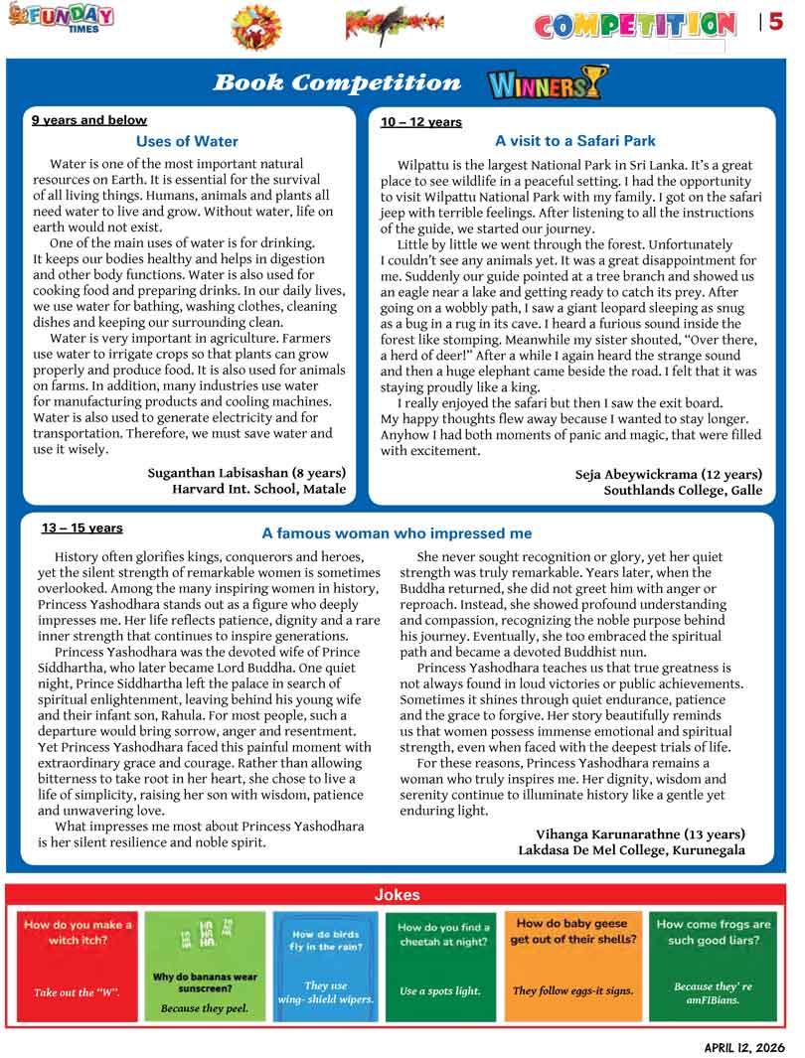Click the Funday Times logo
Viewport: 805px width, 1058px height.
(x=61, y=18)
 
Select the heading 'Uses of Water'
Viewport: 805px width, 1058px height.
(x=187, y=142)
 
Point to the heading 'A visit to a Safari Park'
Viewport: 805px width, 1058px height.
(x=574, y=141)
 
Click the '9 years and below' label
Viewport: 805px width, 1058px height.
(x=89, y=120)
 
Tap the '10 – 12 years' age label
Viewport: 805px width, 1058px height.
(x=421, y=122)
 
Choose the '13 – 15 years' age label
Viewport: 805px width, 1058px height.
(x=82, y=529)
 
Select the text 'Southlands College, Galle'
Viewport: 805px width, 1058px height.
(x=683, y=490)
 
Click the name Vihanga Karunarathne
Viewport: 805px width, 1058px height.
(x=640, y=834)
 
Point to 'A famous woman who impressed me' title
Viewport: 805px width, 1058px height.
(x=397, y=533)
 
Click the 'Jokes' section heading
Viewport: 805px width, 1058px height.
(x=397, y=895)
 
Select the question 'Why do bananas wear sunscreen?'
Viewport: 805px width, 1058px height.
(x=205, y=982)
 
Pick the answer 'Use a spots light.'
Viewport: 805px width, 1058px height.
(x=439, y=990)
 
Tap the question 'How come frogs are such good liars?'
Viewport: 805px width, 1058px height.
(x=714, y=932)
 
